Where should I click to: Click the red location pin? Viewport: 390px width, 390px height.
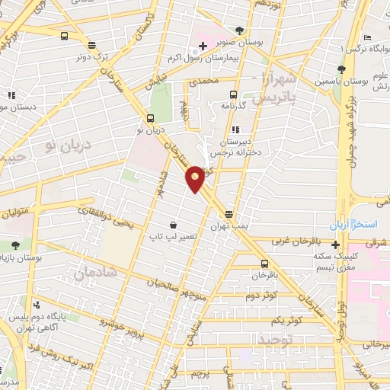click(x=196, y=178)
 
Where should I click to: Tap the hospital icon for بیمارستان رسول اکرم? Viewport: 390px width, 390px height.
click(x=203, y=47)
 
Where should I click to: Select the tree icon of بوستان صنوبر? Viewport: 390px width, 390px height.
click(x=239, y=30)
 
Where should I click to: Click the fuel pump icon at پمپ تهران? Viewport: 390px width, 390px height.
click(x=228, y=215)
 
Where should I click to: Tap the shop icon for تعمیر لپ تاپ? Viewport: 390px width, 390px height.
click(x=174, y=225)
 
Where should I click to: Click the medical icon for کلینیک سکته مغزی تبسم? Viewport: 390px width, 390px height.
click(x=335, y=245)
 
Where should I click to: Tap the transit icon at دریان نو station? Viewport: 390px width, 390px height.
click(x=150, y=118)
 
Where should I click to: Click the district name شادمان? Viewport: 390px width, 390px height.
click(x=96, y=269)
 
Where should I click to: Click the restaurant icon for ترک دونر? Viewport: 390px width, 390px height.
click(x=92, y=46)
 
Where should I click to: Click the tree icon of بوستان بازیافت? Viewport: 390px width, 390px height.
click(x=15, y=245)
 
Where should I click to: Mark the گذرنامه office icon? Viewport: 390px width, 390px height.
click(x=234, y=97)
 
